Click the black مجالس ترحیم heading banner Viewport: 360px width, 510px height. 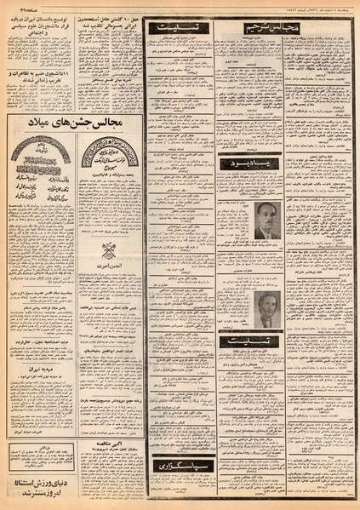250,28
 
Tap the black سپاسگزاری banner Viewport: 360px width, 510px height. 178,466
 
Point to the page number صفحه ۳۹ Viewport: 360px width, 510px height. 18,7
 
